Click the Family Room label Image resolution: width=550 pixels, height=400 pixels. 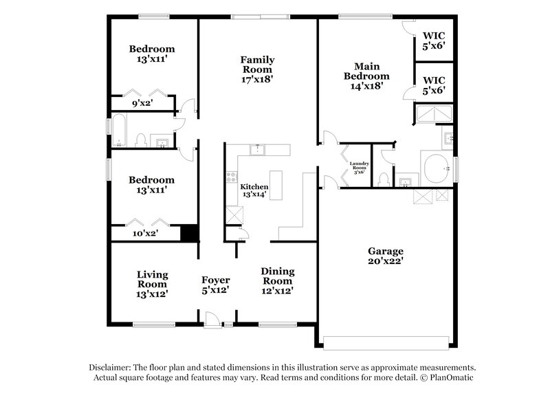click(256, 69)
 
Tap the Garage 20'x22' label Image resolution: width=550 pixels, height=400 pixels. click(385, 256)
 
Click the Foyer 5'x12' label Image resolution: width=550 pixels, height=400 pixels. click(215, 285)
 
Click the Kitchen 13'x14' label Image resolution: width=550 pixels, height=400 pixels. click(254, 190)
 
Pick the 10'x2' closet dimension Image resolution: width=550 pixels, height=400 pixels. click(144, 234)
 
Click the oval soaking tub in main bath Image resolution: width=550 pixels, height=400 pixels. click(435, 168)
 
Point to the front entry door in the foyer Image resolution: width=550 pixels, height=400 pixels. click(213, 320)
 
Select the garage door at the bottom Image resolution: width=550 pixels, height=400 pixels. click(388, 342)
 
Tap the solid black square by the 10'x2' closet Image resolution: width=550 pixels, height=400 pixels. click(189, 232)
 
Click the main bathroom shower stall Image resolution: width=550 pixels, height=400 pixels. click(434, 113)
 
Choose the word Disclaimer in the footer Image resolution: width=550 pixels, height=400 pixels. click(109, 368)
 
